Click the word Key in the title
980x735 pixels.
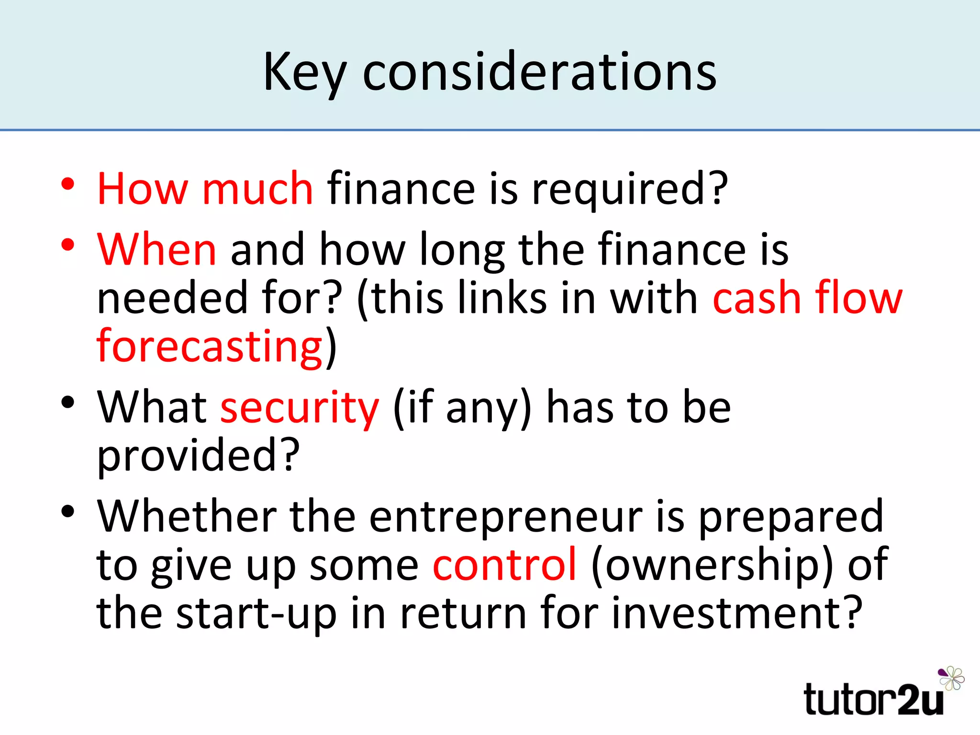click(304, 72)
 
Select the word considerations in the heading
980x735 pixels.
click(539, 72)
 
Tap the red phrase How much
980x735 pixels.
click(205, 189)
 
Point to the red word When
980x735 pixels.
click(156, 249)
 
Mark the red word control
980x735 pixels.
click(505, 565)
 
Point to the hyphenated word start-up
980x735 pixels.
click(256, 613)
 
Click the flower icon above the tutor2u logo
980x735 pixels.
click(952, 678)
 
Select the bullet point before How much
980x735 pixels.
click(68, 184)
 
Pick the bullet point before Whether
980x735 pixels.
click(68, 512)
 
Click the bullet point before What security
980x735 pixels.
click(68, 402)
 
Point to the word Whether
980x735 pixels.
click(187, 517)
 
